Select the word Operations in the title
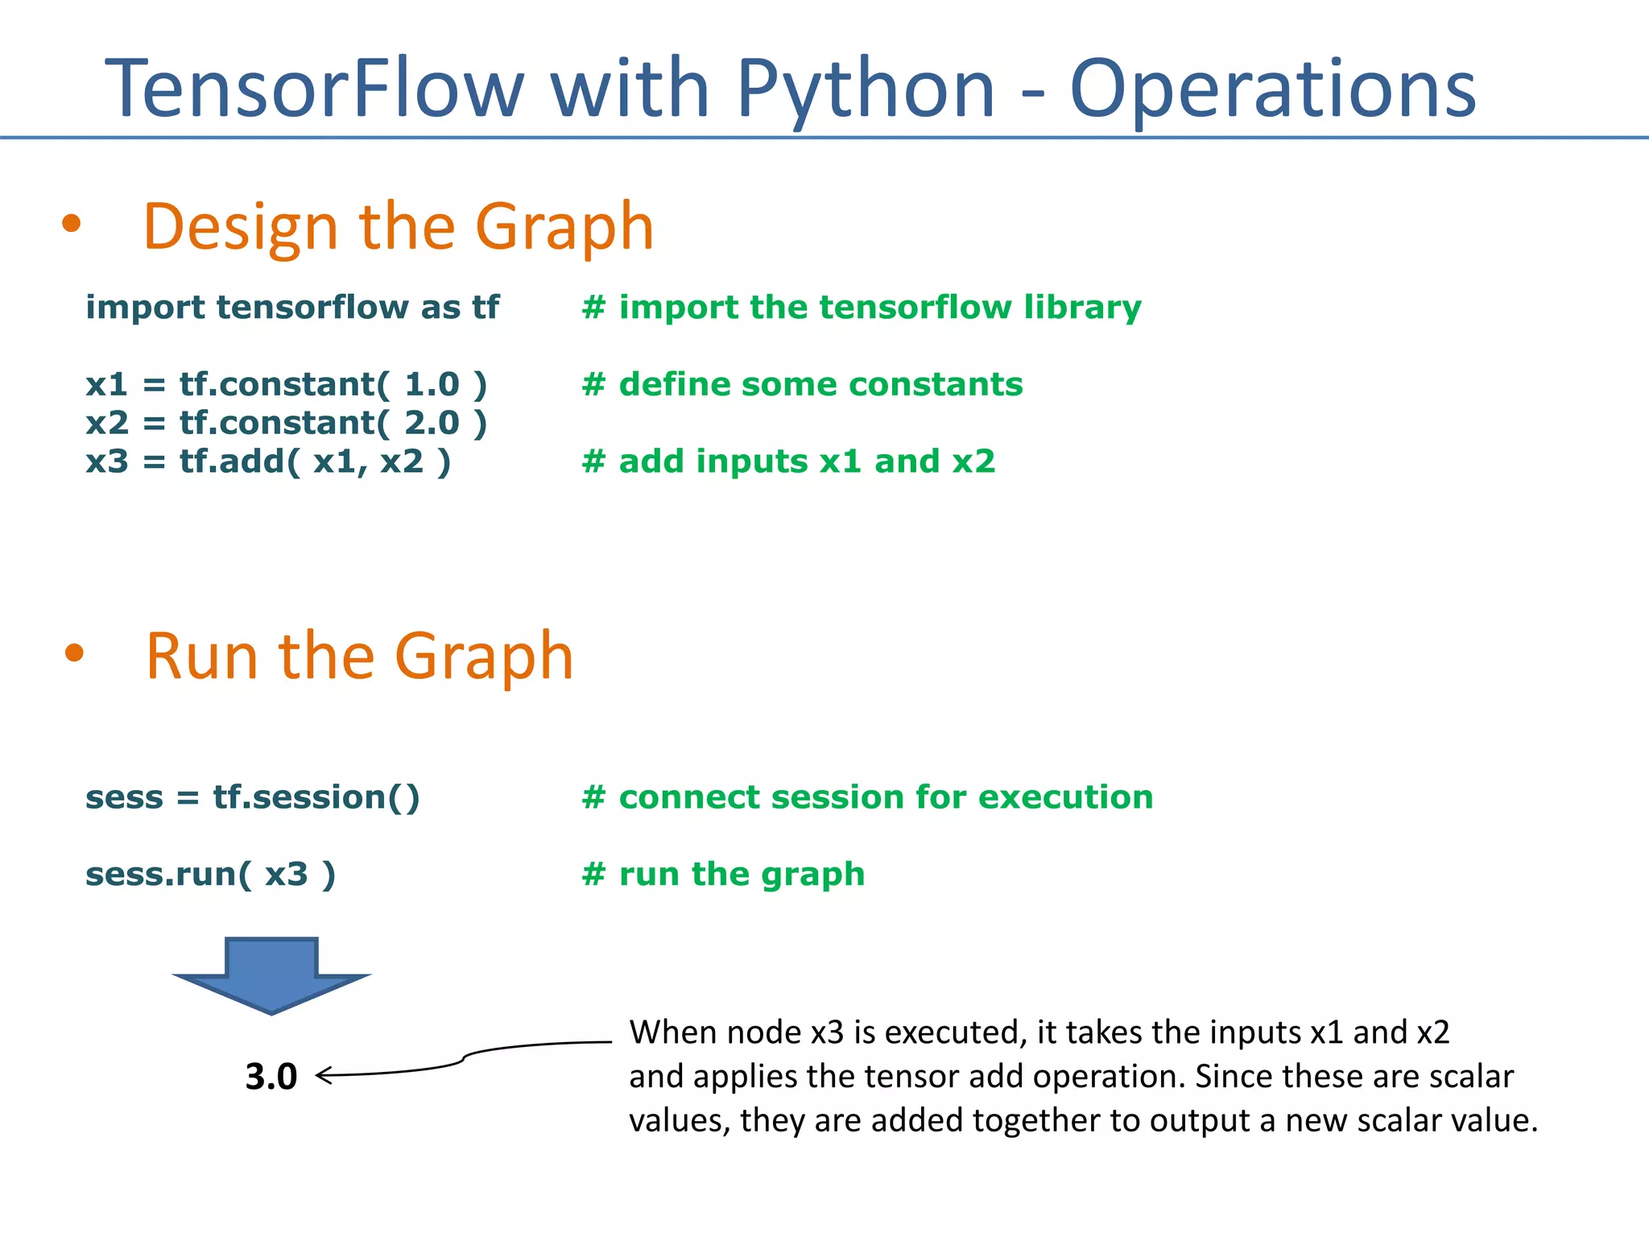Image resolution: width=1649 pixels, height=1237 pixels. pyautogui.click(x=1272, y=90)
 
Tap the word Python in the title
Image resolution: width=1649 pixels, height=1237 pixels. pyautogui.click(x=866, y=90)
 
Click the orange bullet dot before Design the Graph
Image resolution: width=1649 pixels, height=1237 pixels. pyautogui.click(x=72, y=225)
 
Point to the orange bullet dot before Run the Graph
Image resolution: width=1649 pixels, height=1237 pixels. pyautogui.click(x=74, y=653)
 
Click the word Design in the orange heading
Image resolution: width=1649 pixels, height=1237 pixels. pyautogui.click(x=240, y=228)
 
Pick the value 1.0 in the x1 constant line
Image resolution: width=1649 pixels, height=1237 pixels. pyautogui.click(x=432, y=384)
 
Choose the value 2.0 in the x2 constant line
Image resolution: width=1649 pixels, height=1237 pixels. pyautogui.click(x=432, y=423)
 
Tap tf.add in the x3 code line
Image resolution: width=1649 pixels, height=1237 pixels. pyautogui.click(x=233, y=461)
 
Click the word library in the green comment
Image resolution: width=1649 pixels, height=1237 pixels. pyautogui.click(x=1082, y=308)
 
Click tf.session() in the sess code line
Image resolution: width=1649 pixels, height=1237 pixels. pyautogui.click(x=316, y=797)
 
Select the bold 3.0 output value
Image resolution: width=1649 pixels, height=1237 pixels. pyautogui.click(x=271, y=1077)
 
